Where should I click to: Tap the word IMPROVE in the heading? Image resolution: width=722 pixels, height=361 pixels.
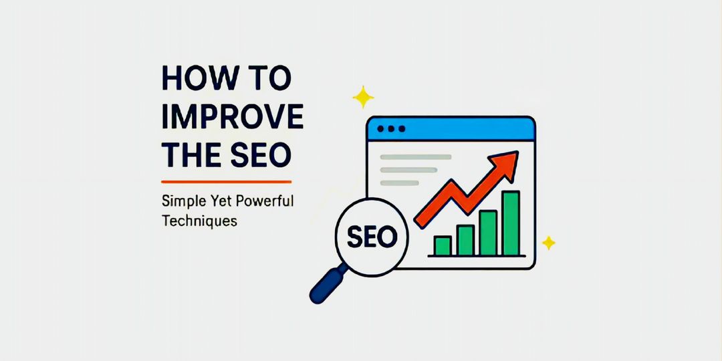click(233, 117)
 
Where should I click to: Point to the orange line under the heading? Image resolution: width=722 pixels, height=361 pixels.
click(227, 181)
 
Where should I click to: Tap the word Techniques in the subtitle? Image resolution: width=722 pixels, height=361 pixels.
click(199, 219)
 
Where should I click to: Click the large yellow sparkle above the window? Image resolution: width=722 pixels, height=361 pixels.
click(363, 98)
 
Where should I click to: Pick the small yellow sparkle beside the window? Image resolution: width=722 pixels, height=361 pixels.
click(548, 243)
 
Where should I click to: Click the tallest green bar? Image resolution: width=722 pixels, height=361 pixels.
click(511, 223)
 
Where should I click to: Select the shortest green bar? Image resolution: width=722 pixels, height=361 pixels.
click(442, 245)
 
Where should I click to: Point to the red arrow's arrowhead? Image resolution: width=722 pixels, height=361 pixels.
click(506, 162)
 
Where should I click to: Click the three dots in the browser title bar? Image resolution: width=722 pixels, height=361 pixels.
click(391, 128)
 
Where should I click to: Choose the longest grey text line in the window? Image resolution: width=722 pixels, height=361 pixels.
click(415, 157)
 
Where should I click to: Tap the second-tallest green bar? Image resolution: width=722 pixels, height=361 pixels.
click(488, 233)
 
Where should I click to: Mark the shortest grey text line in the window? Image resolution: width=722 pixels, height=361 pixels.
click(399, 183)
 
